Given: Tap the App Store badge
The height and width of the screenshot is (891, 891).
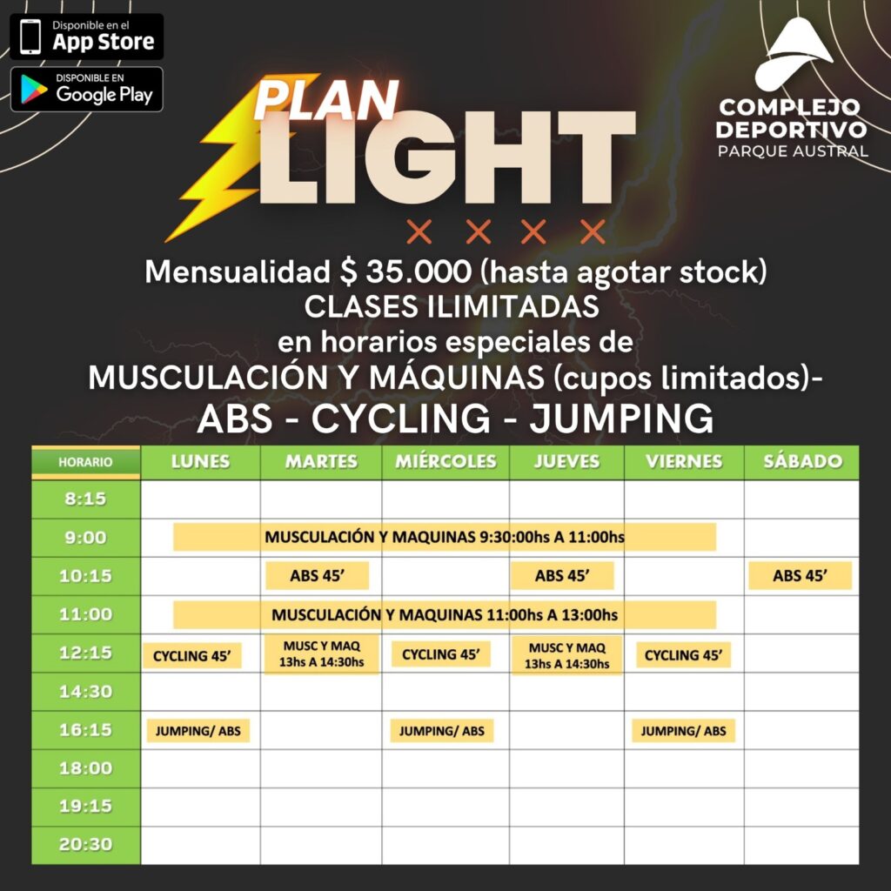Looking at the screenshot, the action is point(87,37).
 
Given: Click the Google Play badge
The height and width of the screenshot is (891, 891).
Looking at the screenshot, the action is point(87,90).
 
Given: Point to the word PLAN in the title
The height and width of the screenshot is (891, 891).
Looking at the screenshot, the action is point(325,100).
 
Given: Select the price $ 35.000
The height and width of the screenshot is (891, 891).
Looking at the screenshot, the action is point(405,271).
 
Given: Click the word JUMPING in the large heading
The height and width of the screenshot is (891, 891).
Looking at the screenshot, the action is point(621,419).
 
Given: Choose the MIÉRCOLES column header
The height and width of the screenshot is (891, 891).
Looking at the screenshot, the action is point(445,461).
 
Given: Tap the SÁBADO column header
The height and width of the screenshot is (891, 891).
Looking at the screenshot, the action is point(801,461).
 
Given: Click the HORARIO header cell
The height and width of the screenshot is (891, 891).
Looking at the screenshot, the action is point(85,463).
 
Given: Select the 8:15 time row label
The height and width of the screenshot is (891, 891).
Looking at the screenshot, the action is point(85,499).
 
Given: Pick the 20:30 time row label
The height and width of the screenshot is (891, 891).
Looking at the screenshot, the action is point(85,845).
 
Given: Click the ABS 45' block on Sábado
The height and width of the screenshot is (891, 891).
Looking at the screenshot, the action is point(801,576).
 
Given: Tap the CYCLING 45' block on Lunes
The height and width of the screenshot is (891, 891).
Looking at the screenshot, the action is point(192,656).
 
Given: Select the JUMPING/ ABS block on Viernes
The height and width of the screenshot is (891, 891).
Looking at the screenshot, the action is point(684,731).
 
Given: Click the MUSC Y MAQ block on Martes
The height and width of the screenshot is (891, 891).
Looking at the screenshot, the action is point(322,654).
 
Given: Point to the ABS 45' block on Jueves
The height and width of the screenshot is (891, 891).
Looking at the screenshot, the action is point(562,576).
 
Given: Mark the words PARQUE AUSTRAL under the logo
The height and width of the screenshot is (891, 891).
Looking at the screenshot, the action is point(793,151).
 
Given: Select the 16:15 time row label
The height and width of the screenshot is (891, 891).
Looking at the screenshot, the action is point(85,730).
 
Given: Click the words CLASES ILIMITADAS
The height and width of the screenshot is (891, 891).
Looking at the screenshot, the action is point(452,307).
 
